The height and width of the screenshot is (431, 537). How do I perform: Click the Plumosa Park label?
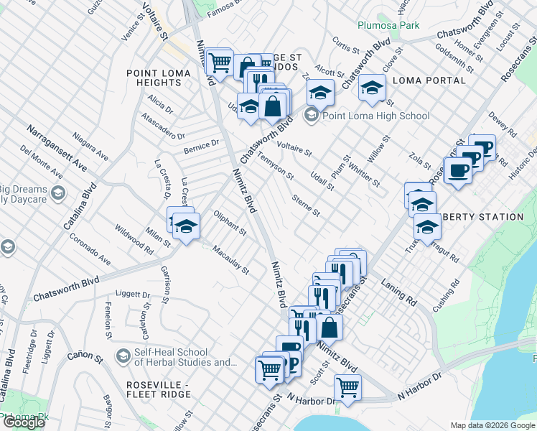coord(388,25)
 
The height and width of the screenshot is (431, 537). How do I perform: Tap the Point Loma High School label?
coord(376,116)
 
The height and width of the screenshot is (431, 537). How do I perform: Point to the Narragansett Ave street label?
coord(57,147)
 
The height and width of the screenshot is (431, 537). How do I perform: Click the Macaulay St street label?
coord(230,260)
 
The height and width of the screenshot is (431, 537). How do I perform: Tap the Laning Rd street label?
coord(399,288)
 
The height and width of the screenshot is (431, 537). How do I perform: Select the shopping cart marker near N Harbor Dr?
coord(348,386)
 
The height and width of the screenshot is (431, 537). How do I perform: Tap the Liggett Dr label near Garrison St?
coord(132,295)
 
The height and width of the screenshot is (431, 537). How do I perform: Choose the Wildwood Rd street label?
coord(134,240)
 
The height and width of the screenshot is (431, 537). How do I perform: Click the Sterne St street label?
coord(305,205)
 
